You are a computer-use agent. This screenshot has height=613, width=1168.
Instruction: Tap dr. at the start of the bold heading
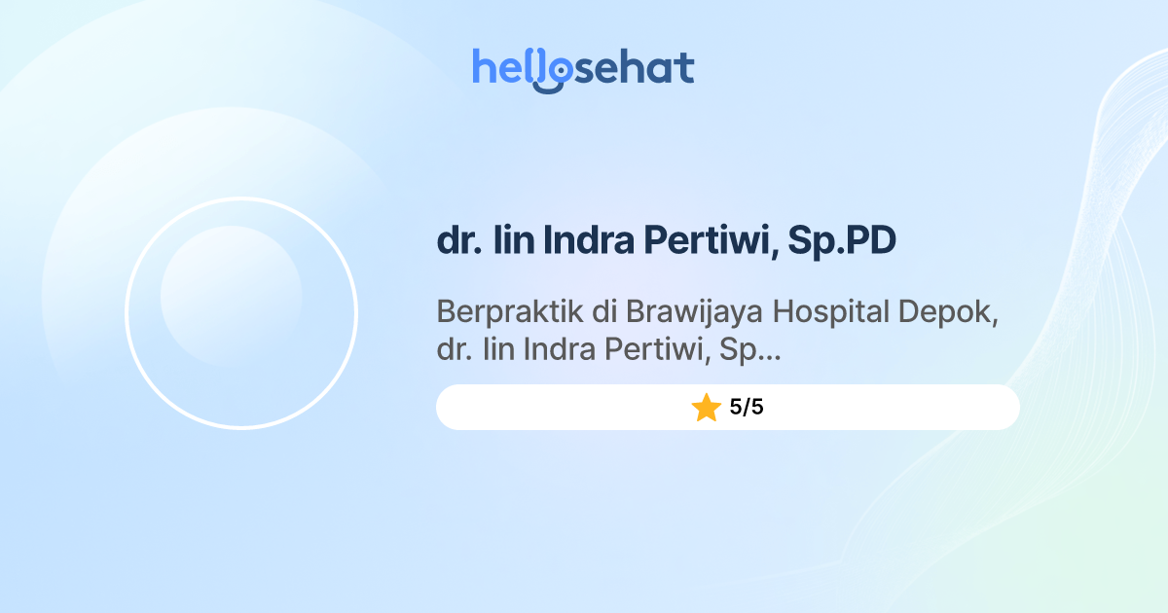458,241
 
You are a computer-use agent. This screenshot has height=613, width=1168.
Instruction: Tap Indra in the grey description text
560,349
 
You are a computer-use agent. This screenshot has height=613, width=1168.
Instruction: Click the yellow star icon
706,408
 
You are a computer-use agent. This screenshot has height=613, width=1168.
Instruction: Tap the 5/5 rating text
747,408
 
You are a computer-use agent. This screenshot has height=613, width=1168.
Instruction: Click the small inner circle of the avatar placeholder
231,296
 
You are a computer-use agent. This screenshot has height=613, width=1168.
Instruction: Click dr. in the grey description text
453,349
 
